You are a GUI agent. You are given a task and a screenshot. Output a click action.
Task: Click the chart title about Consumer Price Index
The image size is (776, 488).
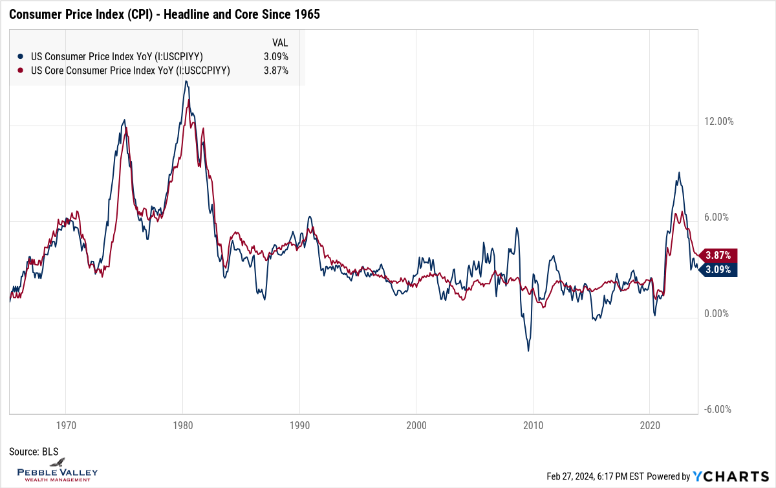click(x=164, y=14)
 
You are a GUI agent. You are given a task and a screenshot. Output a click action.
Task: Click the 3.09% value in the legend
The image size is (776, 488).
click(x=276, y=56)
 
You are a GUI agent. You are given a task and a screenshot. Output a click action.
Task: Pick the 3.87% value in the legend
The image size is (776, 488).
click(x=276, y=71)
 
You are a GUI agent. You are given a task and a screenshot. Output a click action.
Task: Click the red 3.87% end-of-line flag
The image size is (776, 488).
click(x=718, y=255)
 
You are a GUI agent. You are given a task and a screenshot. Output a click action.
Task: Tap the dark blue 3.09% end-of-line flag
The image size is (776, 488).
click(x=718, y=269)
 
